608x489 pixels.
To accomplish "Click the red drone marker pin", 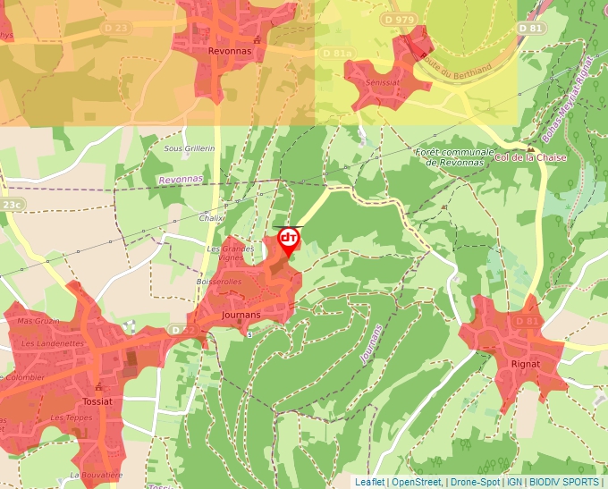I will [x=288, y=240].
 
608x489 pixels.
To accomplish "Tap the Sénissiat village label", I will [x=383, y=81].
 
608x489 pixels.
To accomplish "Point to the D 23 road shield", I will [x=116, y=28].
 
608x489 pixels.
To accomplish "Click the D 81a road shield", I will [x=337, y=54].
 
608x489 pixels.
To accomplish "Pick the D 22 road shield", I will [x=182, y=331].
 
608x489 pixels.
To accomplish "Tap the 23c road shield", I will [x=11, y=205].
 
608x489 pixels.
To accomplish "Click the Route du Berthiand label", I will [x=459, y=62].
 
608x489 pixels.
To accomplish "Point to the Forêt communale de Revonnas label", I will [x=456, y=157].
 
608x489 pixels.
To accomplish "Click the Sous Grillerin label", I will [x=190, y=148].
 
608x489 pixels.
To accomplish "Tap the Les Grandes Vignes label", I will [x=225, y=253].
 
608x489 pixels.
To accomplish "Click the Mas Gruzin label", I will [x=38, y=321].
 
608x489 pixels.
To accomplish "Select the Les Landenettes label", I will [x=52, y=343].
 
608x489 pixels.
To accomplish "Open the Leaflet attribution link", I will [x=369, y=482].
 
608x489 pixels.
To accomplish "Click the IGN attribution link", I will [x=515, y=482].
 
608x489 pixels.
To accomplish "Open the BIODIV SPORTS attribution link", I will [x=565, y=482].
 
